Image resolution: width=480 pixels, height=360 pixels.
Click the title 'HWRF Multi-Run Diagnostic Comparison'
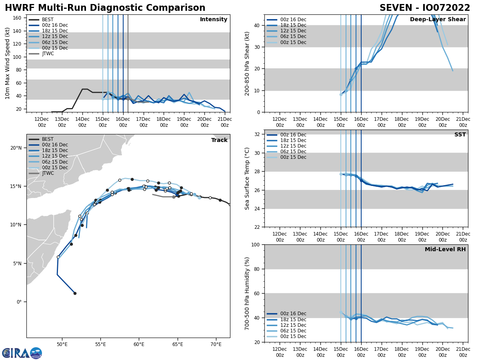[x=105, y=8]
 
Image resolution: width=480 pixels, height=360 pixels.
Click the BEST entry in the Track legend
[x=48, y=139]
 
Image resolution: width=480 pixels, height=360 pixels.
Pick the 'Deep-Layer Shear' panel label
[x=438, y=20]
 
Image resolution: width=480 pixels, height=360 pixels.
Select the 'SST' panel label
[x=460, y=135]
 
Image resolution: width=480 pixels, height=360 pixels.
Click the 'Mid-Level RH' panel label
[x=445, y=250]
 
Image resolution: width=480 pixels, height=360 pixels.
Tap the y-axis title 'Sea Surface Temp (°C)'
[x=248, y=178]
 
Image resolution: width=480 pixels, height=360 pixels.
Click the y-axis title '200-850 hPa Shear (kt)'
[x=248, y=63]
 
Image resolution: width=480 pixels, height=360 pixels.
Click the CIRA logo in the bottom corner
[x=22, y=353]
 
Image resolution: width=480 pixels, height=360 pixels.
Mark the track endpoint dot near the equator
[x=75, y=293]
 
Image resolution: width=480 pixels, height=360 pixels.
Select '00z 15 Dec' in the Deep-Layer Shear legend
[x=293, y=42]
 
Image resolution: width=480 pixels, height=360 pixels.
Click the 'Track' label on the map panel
[x=219, y=140]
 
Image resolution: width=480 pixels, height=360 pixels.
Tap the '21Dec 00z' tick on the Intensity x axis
[x=225, y=122]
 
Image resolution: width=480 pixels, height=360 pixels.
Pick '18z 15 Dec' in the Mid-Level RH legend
[x=293, y=320]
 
